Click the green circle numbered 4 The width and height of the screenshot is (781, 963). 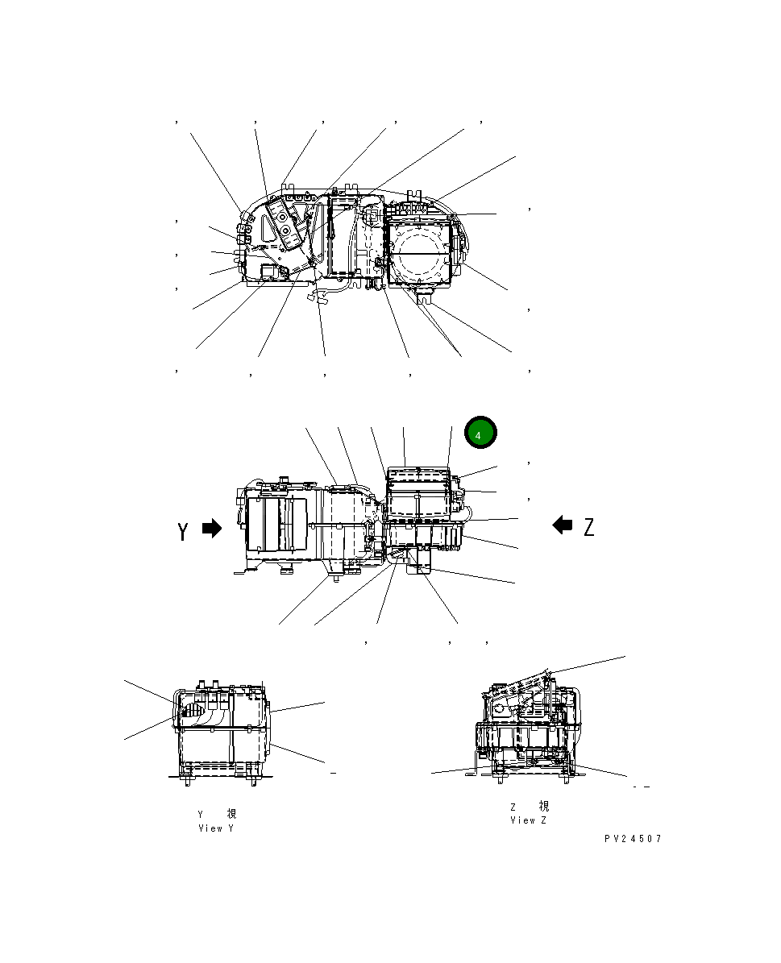tap(480, 434)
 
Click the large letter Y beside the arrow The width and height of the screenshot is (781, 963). tap(185, 531)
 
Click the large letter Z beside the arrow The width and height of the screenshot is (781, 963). tap(589, 528)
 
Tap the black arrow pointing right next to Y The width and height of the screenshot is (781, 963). tap(211, 529)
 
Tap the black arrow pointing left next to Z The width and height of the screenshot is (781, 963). tap(563, 525)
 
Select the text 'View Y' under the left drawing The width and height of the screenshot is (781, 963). tap(215, 828)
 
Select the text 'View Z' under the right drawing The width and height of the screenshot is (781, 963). tap(528, 820)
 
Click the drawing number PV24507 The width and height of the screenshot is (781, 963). tap(633, 839)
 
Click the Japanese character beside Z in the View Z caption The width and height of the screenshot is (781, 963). tap(544, 807)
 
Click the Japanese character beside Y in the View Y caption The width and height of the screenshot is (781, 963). tap(232, 815)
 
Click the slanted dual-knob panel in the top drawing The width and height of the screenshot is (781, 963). tap(285, 222)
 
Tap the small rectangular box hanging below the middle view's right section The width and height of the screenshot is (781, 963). tap(420, 570)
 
